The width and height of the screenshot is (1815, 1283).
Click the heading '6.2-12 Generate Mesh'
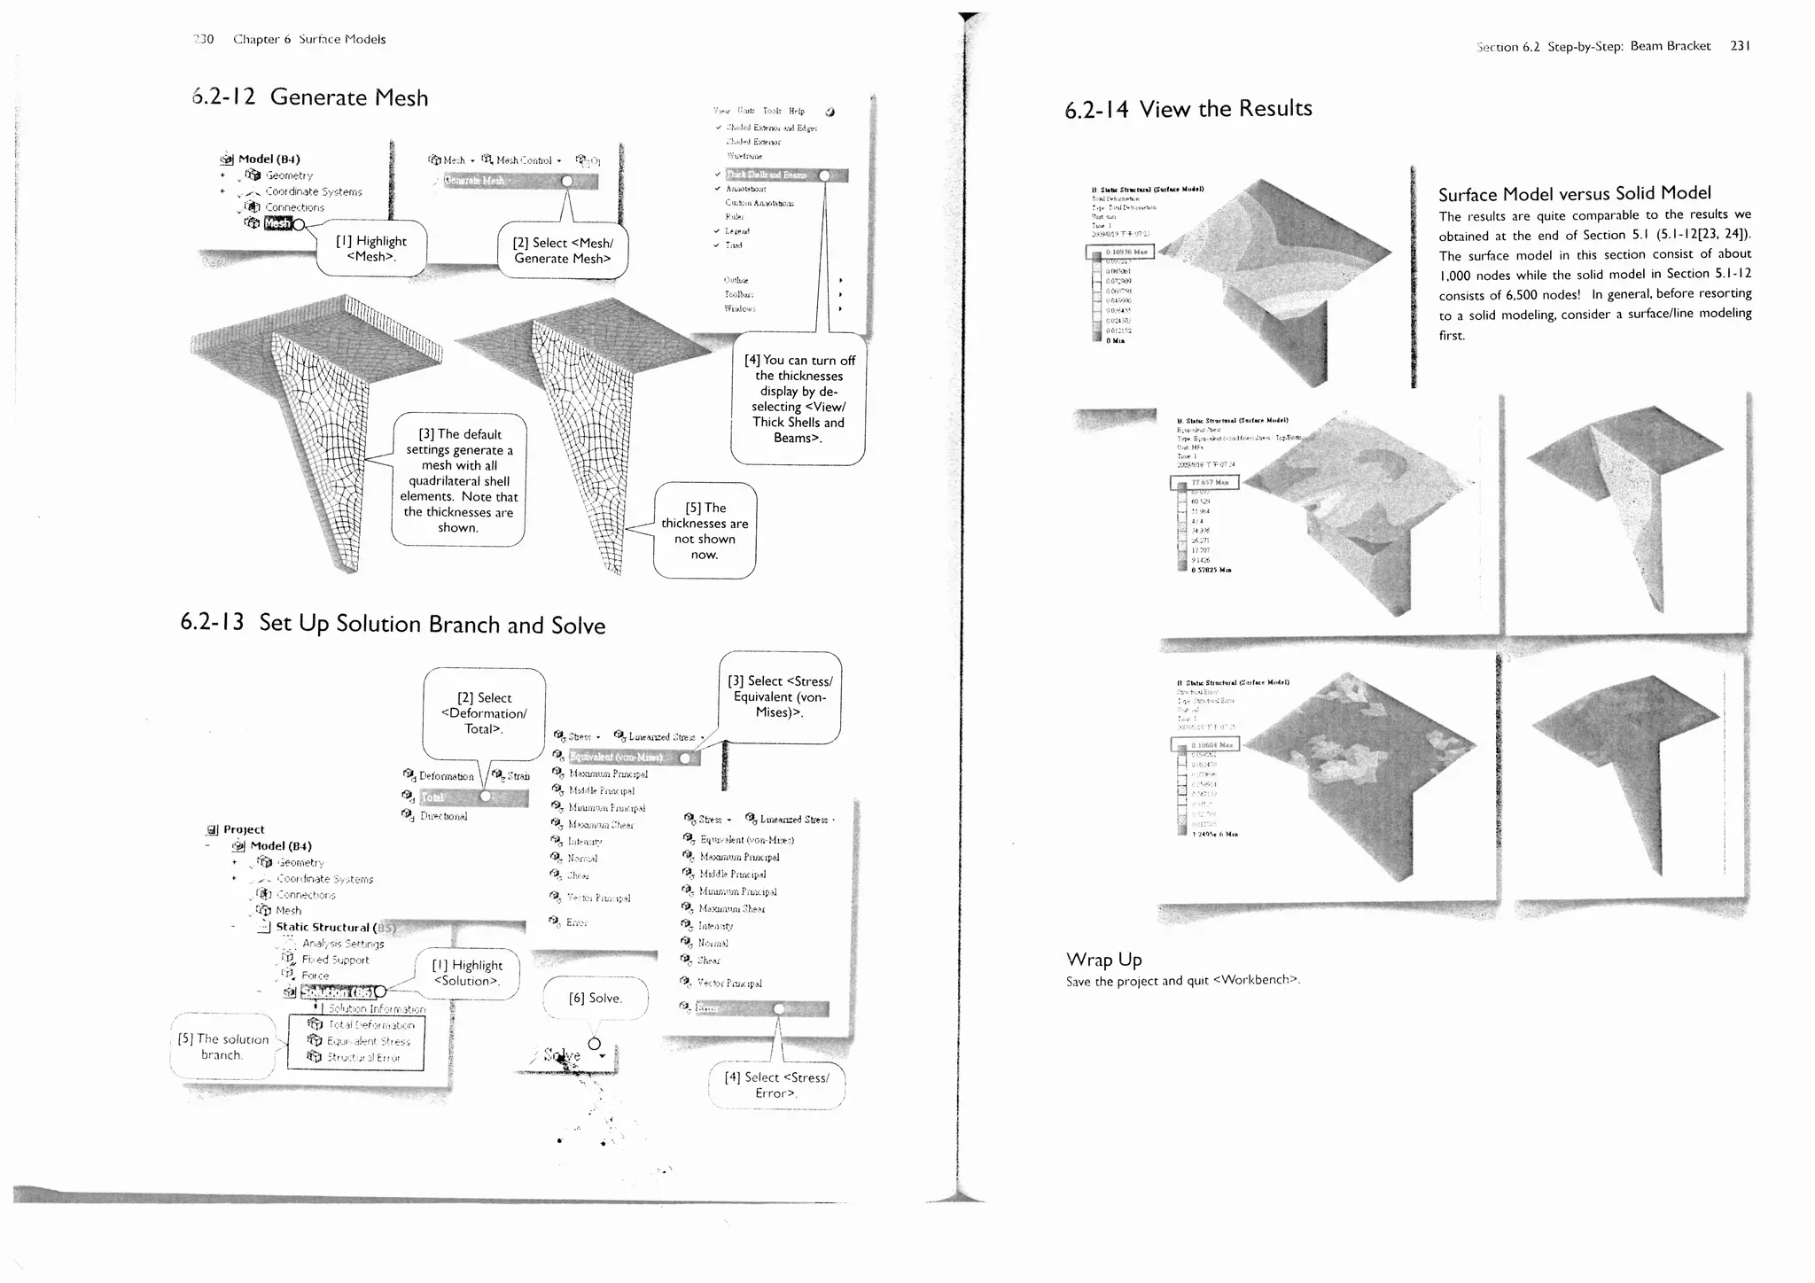[310, 97]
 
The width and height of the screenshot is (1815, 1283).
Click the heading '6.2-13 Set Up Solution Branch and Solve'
[393, 624]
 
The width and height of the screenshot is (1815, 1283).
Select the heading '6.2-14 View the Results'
[1188, 109]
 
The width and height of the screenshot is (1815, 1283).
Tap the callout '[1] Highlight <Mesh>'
[371, 248]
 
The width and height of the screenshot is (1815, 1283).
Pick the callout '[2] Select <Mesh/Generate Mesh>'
[563, 250]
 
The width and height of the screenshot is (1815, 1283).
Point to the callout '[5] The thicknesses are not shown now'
[705, 531]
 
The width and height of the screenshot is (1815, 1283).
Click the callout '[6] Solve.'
[596, 998]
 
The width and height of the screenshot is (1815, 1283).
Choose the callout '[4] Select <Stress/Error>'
[776, 1085]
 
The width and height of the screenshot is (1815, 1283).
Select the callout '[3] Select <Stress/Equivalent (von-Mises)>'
[780, 696]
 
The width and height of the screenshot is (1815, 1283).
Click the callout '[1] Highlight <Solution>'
[467, 973]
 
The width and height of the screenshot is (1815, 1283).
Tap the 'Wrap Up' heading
[1103, 960]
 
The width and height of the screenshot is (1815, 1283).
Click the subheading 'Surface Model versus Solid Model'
[1574, 193]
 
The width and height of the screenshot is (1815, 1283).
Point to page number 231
[1740, 46]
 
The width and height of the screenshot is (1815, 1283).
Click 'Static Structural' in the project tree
[323, 927]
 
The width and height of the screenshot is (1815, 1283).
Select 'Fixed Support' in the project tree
[335, 960]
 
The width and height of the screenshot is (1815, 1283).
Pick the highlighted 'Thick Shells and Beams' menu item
[767, 175]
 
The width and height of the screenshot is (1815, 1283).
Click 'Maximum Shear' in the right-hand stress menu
[731, 908]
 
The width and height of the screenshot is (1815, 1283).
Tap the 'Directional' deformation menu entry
[443, 816]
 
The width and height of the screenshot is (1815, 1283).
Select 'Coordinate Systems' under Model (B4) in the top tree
[314, 191]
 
